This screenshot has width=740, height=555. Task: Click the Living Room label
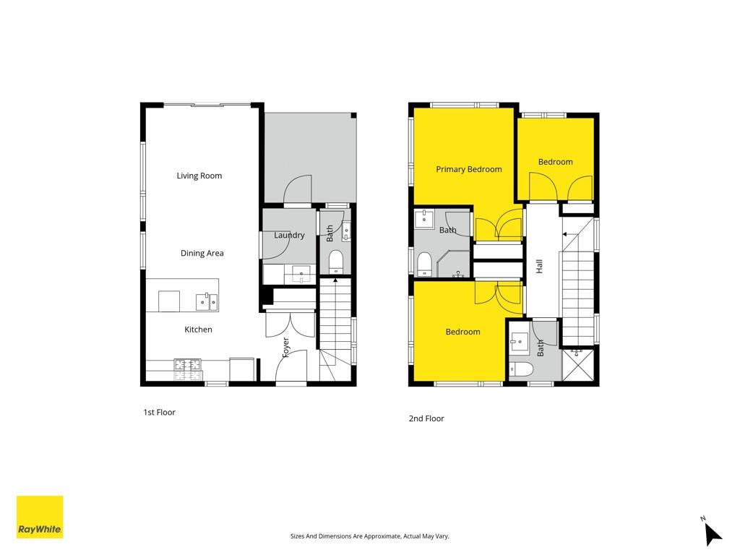pos(199,176)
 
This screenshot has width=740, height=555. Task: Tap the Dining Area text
pos(202,253)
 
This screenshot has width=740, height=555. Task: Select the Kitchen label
pos(198,330)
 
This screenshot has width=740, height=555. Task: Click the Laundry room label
pos(289,235)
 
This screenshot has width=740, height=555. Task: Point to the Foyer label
pos(285,348)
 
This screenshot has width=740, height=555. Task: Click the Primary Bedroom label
pos(468,169)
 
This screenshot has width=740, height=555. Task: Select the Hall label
pos(539,266)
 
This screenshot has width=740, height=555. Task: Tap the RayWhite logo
pos(40,517)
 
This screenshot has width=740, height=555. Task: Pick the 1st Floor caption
pos(160,412)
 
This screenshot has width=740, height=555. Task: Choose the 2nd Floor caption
pos(426,418)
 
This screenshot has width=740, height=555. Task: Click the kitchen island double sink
pos(207,302)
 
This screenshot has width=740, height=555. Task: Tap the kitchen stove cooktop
pos(188,369)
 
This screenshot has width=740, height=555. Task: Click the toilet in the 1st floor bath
pos(335,262)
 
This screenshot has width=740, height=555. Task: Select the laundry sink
pos(301,274)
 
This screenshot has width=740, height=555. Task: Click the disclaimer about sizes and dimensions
pos(369,536)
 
